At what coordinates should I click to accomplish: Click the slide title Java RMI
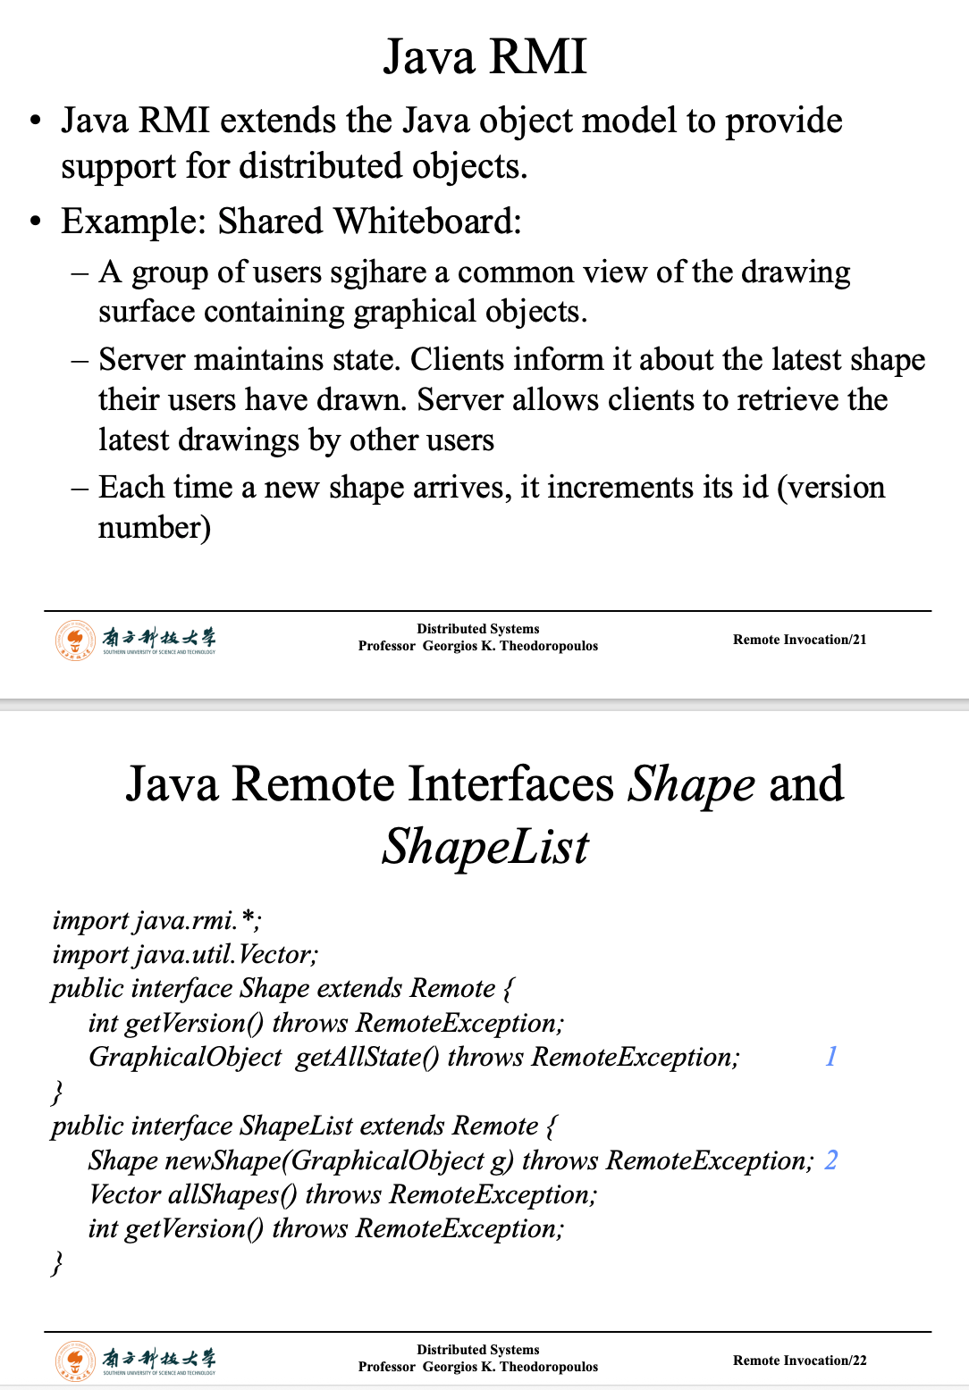pyautogui.click(x=484, y=56)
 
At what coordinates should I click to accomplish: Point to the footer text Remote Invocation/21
pyautogui.click(x=799, y=640)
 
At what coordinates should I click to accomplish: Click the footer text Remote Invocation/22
pyautogui.click(x=799, y=1361)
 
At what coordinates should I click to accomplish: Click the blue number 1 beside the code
pyautogui.click(x=830, y=1057)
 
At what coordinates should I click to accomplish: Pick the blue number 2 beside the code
pyautogui.click(x=830, y=1160)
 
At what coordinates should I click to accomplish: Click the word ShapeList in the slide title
pyautogui.click(x=485, y=847)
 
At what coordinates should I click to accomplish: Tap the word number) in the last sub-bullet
pyautogui.click(x=154, y=528)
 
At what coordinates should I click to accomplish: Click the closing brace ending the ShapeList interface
pyautogui.click(x=57, y=1263)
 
